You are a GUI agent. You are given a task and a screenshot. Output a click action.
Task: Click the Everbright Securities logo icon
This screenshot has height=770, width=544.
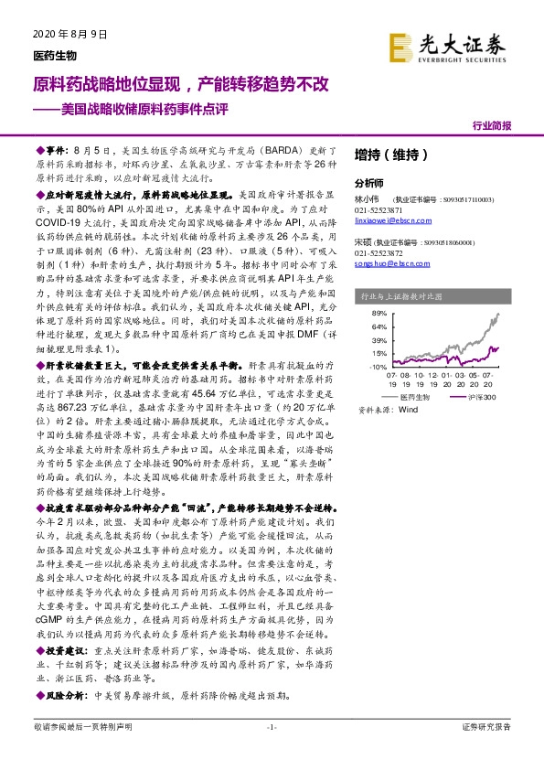coord(399,46)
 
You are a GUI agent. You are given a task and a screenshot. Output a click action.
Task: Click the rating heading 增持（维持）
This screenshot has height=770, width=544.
coord(385,154)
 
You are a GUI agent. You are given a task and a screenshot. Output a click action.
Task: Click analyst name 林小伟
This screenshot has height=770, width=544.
coord(366,198)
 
